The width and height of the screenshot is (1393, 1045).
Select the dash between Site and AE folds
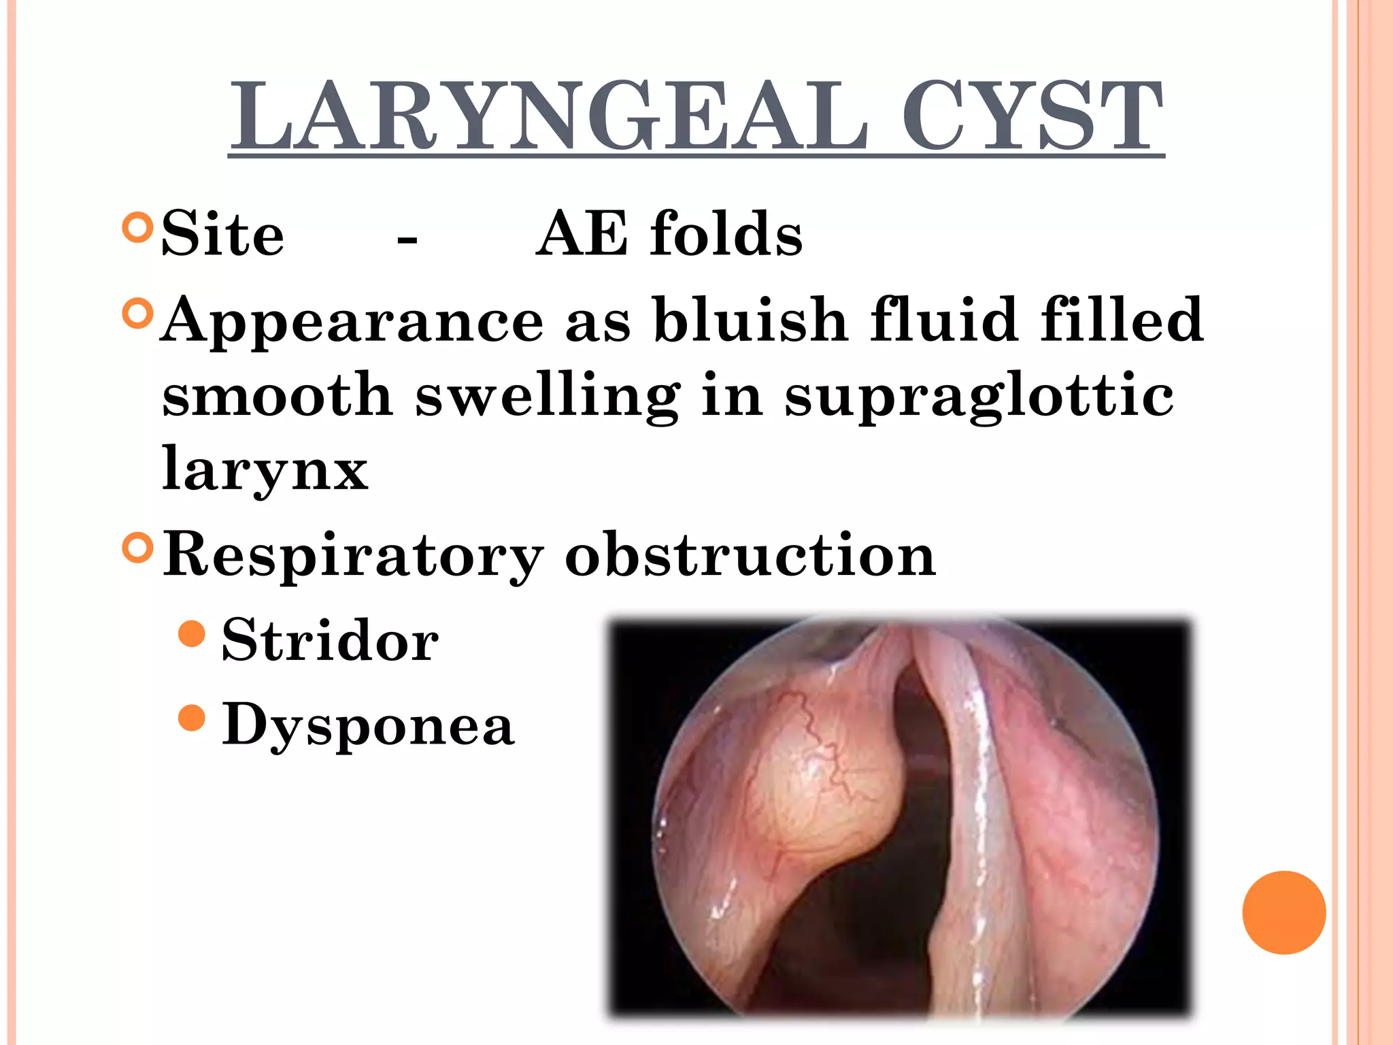(407, 239)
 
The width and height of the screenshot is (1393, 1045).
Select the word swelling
(548, 396)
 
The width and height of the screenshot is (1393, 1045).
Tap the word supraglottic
(979, 396)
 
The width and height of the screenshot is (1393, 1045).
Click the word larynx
(265, 469)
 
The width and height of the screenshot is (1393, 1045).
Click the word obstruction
(750, 555)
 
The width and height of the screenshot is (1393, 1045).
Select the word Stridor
(330, 640)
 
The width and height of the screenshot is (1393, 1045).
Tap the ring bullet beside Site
(137, 228)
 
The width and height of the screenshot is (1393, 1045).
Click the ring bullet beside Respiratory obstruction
(137, 548)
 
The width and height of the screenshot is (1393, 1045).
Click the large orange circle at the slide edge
(1283, 912)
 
